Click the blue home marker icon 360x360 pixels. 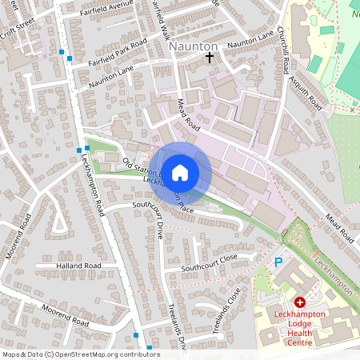click(180, 171)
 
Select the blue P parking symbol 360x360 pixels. click(278, 262)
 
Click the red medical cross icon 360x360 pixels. click(300, 302)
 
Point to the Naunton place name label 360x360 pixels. click(194, 47)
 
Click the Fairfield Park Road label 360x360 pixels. click(118, 51)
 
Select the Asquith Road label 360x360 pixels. click(308, 95)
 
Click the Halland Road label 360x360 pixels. click(78, 265)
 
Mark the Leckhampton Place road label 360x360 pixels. click(169, 194)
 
